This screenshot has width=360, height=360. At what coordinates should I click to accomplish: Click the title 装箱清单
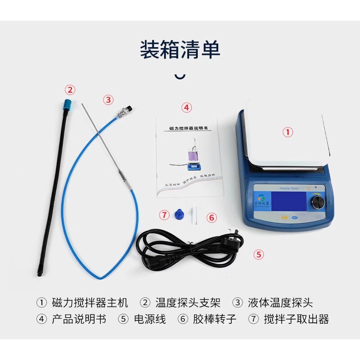[x=180, y=50]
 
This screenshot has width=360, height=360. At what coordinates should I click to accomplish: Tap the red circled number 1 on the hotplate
[x=288, y=132]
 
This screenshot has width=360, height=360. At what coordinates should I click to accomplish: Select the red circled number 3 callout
[x=108, y=100]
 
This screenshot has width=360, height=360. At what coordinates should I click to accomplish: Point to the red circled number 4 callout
[x=186, y=108]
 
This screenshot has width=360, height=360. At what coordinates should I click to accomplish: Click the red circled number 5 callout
[x=258, y=254]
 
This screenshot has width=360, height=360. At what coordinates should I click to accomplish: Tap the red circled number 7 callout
[x=164, y=215]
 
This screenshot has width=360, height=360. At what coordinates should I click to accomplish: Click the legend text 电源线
[x=150, y=319]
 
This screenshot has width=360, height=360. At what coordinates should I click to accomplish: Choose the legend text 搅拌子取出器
[x=296, y=319]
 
